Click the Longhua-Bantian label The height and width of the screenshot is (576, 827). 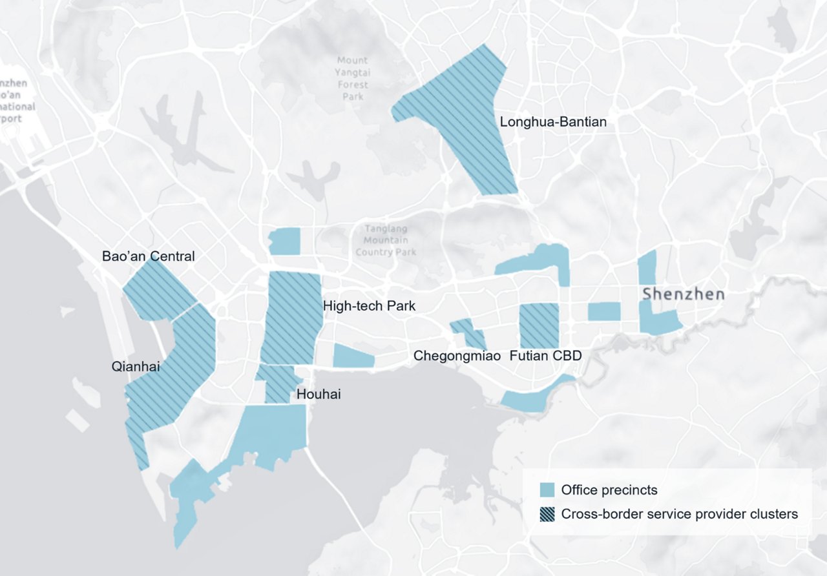point(553,121)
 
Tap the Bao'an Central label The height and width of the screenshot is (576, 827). point(148,256)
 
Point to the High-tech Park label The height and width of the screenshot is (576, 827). point(369,306)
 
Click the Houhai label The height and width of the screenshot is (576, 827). point(318,394)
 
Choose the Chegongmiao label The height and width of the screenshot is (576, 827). point(457,355)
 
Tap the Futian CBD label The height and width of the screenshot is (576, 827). point(545,355)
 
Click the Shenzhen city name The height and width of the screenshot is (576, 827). point(683,294)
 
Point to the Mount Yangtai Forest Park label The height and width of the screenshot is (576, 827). point(352,79)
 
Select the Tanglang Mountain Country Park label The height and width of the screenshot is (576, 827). point(386,240)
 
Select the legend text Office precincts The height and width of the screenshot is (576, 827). point(609,489)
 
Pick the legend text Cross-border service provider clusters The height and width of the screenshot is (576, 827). point(680,514)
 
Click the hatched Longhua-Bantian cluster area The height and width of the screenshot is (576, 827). point(472,116)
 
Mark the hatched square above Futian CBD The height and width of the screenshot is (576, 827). point(539,325)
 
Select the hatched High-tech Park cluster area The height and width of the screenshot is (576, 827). point(292,316)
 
